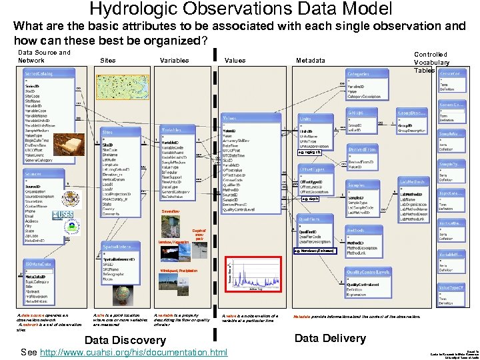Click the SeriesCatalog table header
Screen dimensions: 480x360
[x=41, y=72]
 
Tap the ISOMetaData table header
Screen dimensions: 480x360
[x=41, y=264]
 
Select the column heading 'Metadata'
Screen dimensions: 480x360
[x=310, y=61]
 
